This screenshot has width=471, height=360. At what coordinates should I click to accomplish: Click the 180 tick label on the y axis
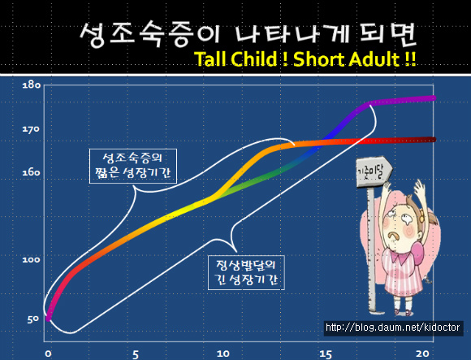[x=32, y=85]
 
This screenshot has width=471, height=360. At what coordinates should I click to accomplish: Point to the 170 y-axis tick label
[x=31, y=129]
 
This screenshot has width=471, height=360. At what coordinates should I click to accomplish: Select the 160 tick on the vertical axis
[x=31, y=173]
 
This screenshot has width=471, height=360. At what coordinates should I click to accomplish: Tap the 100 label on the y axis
[x=31, y=259]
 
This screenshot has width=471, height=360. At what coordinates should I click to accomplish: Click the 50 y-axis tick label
[x=33, y=319]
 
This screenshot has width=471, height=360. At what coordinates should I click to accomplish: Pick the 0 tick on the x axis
[x=48, y=353]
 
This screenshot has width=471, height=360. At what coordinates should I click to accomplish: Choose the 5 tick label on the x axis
[x=136, y=354]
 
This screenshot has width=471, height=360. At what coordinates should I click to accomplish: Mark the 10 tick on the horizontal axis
[x=223, y=353]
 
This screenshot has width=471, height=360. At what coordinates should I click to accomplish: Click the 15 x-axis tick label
[x=326, y=354]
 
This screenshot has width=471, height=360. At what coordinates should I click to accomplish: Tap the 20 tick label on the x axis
[x=422, y=353]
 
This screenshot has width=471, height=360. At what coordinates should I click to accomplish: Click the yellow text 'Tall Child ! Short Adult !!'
[x=305, y=59]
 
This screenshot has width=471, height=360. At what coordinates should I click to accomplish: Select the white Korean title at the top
[x=248, y=35]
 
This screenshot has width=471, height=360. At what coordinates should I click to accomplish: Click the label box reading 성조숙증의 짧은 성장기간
[x=133, y=166]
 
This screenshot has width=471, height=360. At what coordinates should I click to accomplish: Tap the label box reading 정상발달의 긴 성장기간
[x=246, y=272]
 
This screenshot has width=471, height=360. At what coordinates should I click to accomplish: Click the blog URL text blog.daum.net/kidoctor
[x=393, y=327]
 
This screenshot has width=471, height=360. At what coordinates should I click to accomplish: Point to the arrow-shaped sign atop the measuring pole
[x=374, y=171]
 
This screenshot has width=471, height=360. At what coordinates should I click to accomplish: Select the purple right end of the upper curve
[x=433, y=98]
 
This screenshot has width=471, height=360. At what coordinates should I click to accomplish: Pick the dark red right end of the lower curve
[x=433, y=140]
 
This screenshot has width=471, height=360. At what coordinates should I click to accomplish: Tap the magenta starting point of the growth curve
[x=49, y=318]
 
